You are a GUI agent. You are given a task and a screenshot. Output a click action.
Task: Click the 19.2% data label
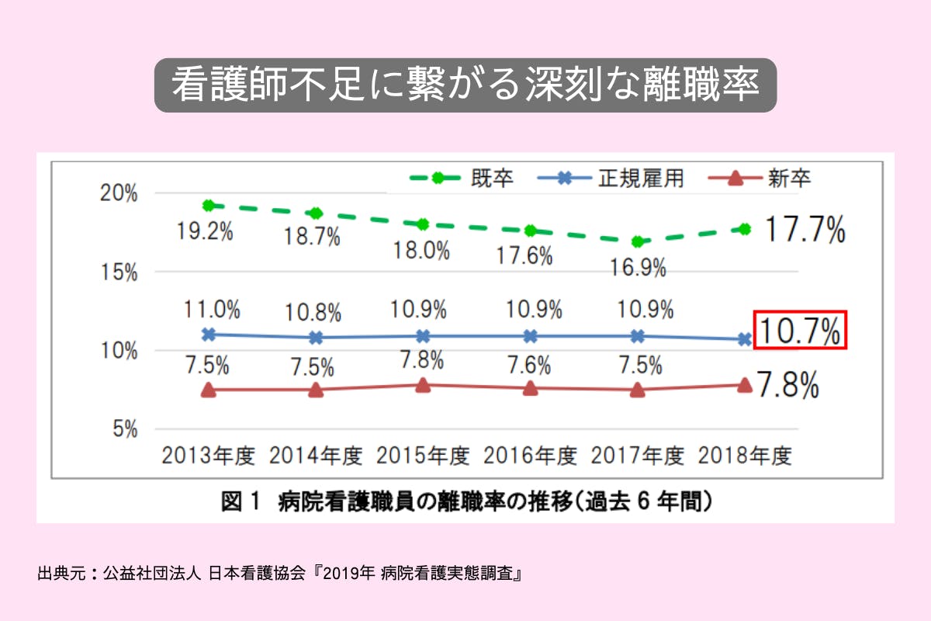(x=207, y=231)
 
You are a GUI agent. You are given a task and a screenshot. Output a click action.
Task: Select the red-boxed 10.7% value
(x=800, y=331)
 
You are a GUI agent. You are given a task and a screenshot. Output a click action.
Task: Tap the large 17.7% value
(x=805, y=231)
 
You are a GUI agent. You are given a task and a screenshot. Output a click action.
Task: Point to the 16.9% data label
(x=637, y=268)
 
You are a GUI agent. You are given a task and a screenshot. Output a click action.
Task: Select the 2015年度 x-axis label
(x=423, y=456)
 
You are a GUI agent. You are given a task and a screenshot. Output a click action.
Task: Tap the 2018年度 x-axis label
(x=744, y=456)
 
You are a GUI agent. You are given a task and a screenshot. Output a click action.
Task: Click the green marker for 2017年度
(x=637, y=241)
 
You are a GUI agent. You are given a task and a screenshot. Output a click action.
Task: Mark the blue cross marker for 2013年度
(x=208, y=335)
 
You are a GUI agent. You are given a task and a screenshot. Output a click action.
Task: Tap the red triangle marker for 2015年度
(x=423, y=385)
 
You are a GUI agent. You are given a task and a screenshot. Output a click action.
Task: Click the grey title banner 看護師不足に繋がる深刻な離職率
(x=465, y=85)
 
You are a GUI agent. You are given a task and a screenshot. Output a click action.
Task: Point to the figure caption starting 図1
(x=465, y=503)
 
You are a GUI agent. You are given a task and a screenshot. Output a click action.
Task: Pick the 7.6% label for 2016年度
(x=530, y=363)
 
